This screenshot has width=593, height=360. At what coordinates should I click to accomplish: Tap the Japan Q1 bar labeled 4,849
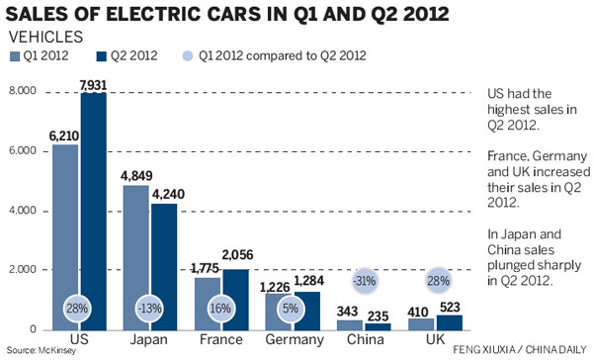coord(135,257)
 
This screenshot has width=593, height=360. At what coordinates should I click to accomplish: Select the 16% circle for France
coord(222,307)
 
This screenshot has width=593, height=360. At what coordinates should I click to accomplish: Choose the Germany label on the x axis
coord(294,340)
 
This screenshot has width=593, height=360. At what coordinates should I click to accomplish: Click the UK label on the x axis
coord(435,340)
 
